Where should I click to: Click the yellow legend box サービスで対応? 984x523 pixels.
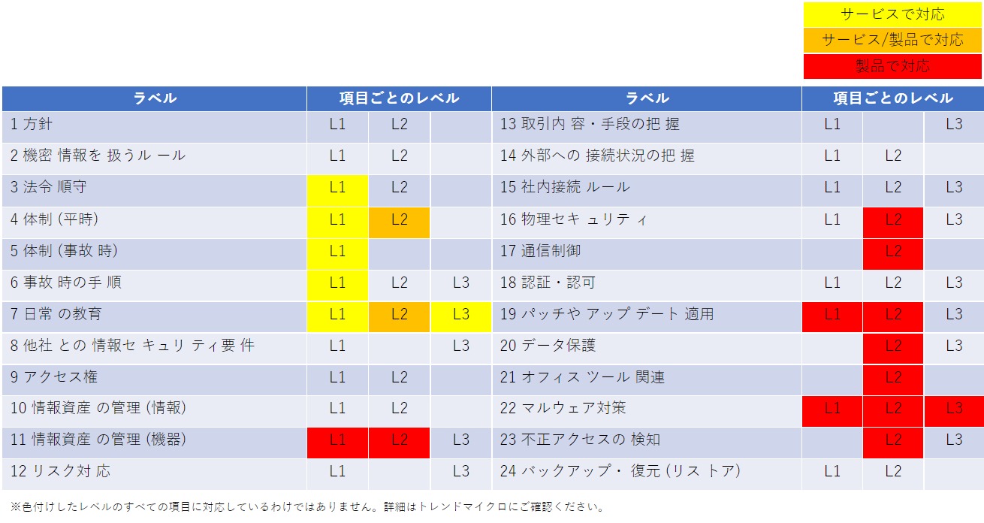[x=892, y=14]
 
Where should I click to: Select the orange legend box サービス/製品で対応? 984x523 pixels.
[x=892, y=40]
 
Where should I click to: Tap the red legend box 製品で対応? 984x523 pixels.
[x=892, y=66]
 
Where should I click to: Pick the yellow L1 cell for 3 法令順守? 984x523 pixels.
[x=337, y=187]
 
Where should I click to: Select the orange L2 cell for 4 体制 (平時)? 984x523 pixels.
[x=399, y=219]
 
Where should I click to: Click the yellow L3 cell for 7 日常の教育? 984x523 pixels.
[x=460, y=314]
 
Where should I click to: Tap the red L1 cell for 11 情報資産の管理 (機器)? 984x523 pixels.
[x=337, y=440]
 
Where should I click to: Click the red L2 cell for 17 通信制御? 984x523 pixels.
[x=892, y=251]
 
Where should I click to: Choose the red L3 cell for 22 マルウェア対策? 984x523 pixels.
[x=954, y=408]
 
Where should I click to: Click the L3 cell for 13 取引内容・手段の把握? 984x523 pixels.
[x=954, y=124]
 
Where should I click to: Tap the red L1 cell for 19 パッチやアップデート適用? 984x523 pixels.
[x=832, y=314]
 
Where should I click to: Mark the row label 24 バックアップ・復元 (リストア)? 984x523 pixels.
[x=620, y=471]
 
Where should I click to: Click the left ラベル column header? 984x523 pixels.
[x=155, y=98]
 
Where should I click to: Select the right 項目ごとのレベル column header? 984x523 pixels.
[x=892, y=98]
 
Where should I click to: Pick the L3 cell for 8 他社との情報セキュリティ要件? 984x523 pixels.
[x=460, y=346]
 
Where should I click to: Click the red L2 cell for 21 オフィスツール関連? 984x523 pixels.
[x=892, y=377]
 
